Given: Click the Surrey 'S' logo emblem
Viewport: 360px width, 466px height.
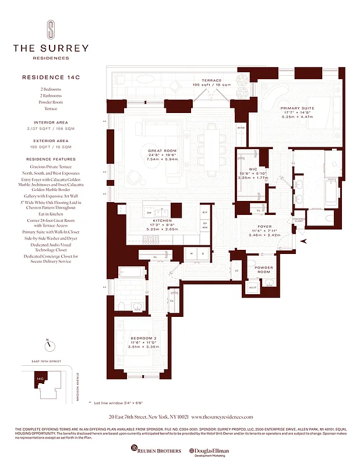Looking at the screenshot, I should click(x=51, y=30).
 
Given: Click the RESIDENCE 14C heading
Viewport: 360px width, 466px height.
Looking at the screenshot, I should click(x=51, y=77).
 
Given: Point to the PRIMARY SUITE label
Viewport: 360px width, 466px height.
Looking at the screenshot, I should click(x=297, y=108).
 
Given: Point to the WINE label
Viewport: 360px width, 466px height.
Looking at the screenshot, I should click(x=241, y=128).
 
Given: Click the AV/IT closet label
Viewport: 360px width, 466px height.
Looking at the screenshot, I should click(x=252, y=287).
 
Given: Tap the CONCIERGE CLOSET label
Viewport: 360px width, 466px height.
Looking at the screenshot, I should click(x=300, y=220).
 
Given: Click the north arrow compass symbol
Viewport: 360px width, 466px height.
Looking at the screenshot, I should click(x=51, y=345).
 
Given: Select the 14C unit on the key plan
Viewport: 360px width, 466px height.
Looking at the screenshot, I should click(x=40, y=378).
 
